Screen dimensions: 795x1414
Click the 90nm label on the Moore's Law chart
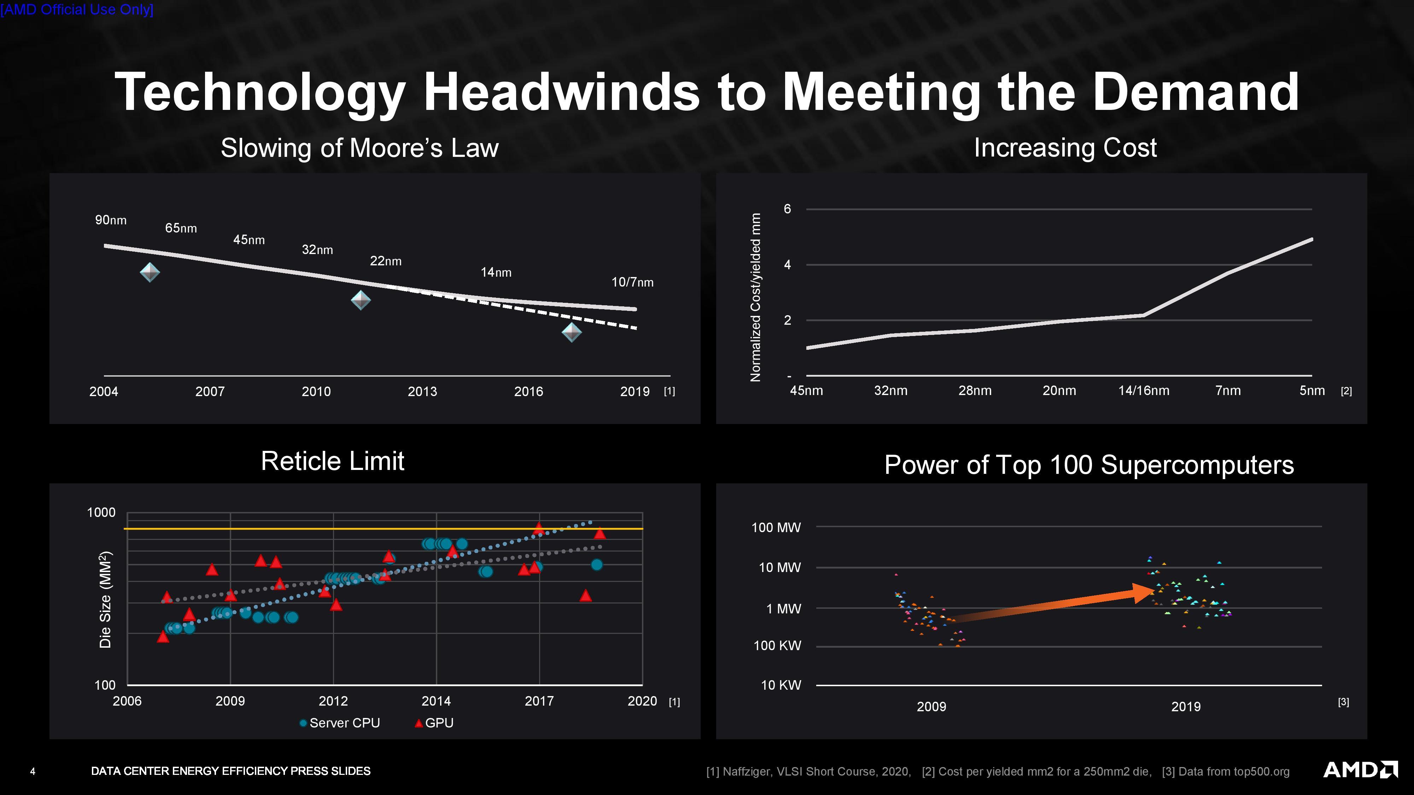[x=111, y=220]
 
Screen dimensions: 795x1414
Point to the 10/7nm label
[x=632, y=282]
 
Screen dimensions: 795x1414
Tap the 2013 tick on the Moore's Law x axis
[x=422, y=391]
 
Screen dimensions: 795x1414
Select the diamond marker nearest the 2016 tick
[x=571, y=332]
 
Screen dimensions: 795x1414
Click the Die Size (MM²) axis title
[x=105, y=599]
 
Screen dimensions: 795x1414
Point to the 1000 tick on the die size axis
[x=101, y=512]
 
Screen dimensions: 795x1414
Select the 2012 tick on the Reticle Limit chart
[x=333, y=701]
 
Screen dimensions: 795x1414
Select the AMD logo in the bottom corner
[x=1360, y=770]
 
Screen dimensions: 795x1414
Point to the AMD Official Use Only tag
[x=77, y=9]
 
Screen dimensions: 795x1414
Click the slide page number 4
[x=33, y=771]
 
